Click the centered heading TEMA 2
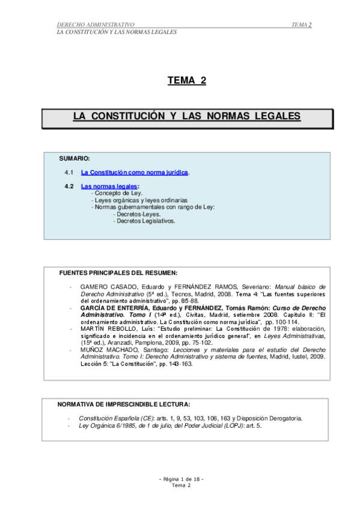pyautogui.click(x=186, y=81)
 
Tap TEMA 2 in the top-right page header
pyautogui.click(x=301, y=25)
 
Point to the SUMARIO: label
pyautogui.click(x=75, y=159)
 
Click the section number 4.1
pyautogui.click(x=69, y=173)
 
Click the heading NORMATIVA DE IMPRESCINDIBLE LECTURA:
pyautogui.click(x=123, y=404)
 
